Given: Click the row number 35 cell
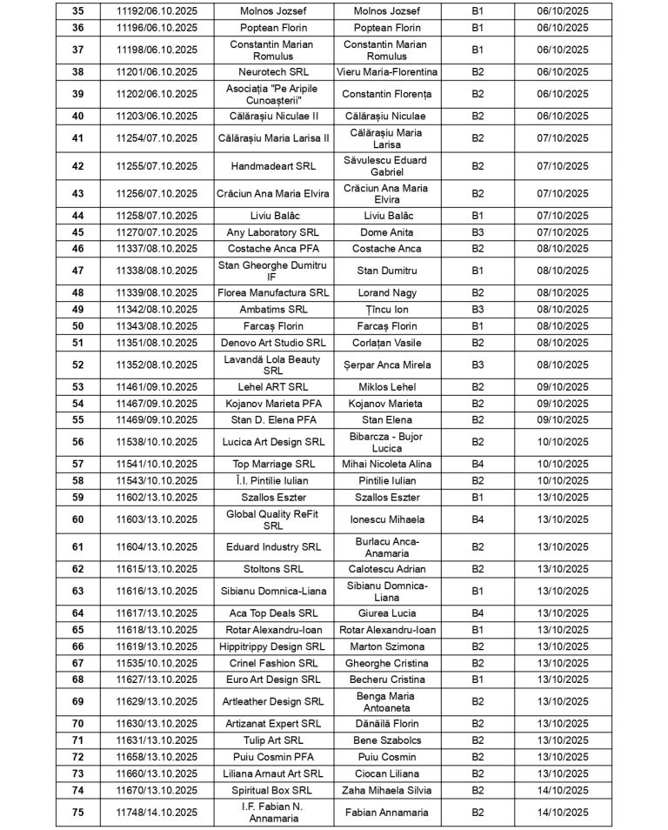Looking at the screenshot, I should [77, 11].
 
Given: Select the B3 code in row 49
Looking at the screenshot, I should [478, 309].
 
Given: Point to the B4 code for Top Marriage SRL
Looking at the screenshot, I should [478, 465].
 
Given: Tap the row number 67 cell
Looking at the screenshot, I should [77, 663].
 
